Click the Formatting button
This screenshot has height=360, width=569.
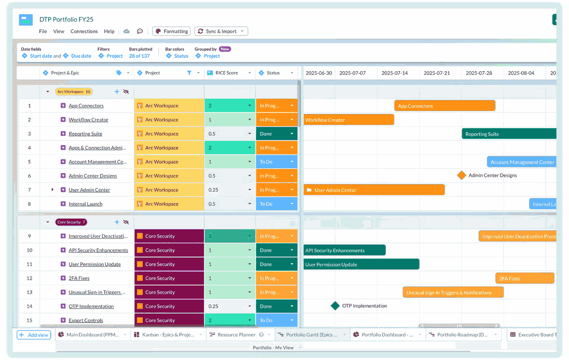point(172,31)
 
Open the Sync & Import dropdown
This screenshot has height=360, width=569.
point(221,31)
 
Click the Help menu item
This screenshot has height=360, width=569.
point(109,31)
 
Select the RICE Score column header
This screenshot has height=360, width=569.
point(227,73)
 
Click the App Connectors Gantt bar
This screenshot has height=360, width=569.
point(444,106)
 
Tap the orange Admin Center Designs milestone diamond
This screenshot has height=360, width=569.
point(462,175)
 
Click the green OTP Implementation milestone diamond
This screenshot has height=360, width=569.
point(335,306)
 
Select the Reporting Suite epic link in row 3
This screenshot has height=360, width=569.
point(85,134)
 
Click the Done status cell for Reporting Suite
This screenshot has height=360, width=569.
point(276,134)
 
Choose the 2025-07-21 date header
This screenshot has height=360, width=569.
point(437,73)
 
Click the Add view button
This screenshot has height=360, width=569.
point(34,335)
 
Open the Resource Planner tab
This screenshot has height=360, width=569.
point(236,335)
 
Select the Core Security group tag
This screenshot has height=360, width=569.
point(71,222)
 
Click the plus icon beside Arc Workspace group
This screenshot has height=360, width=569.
point(117,92)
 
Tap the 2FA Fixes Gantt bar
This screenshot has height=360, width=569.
point(524,278)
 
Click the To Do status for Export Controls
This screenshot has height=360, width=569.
point(276,320)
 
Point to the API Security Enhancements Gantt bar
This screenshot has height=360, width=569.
point(344,250)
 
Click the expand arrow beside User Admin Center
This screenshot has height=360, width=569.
point(53,190)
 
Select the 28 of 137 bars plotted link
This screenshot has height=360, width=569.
point(139,56)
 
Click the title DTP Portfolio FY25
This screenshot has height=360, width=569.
point(66,20)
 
